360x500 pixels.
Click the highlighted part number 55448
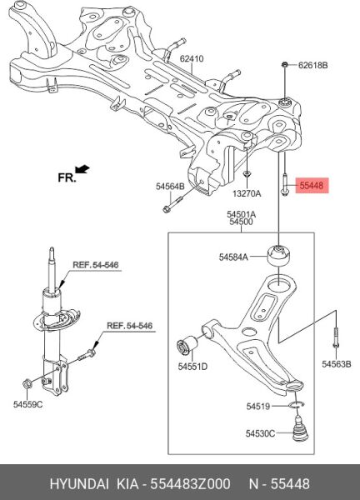(x=312, y=185)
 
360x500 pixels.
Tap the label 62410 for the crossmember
(x=192, y=59)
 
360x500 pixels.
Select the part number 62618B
(x=312, y=65)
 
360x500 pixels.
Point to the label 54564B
(x=170, y=186)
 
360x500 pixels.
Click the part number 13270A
(x=247, y=193)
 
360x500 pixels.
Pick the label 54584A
(x=233, y=257)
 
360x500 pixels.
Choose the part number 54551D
(x=192, y=367)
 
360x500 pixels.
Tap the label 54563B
(x=336, y=364)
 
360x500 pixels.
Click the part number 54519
(x=258, y=407)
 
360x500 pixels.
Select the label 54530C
(x=260, y=433)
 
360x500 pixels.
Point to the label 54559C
(x=27, y=404)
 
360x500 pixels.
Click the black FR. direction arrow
(x=82, y=169)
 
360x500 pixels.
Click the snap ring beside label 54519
(x=296, y=405)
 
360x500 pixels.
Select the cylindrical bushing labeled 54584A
(x=278, y=256)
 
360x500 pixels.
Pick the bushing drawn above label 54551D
(x=187, y=345)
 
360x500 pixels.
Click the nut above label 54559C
(x=27, y=383)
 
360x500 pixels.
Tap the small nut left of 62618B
(x=284, y=65)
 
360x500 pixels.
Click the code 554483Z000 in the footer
(x=190, y=484)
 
